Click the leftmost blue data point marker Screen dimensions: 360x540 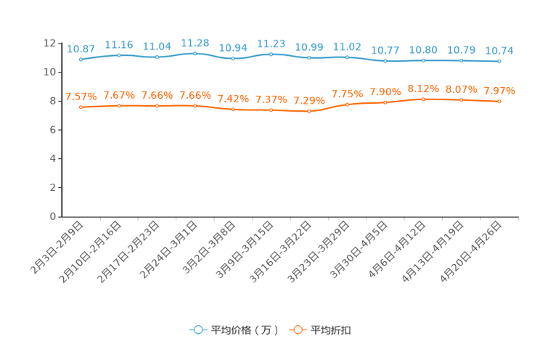click(x=81, y=59)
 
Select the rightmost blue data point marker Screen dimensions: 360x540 click(x=499, y=62)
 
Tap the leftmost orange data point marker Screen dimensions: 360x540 click(x=81, y=107)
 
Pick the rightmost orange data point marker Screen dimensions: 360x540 click(x=499, y=102)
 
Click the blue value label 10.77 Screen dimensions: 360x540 click(x=385, y=50)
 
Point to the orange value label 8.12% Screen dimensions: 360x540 click(x=423, y=89)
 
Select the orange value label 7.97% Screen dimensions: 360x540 click(x=499, y=91)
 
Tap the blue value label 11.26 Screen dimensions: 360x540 click(x=119, y=45)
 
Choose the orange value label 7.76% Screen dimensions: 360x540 click(x=347, y=94)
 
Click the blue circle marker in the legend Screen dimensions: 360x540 click(x=197, y=330)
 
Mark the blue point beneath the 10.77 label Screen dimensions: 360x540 click(x=385, y=61)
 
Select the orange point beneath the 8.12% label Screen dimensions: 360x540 click(x=423, y=99)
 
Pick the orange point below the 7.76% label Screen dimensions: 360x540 click(x=347, y=105)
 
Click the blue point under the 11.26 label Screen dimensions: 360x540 click(x=119, y=55)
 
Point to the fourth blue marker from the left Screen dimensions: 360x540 click(x=195, y=53)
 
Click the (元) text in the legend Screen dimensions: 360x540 click(x=266, y=330)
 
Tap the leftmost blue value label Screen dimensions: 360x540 click(x=81, y=49)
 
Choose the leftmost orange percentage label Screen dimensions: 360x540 click(x=81, y=97)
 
